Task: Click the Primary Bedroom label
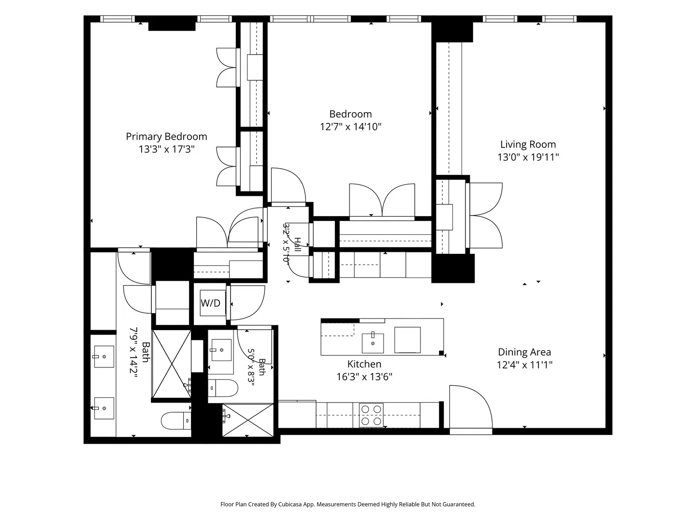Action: (166, 137)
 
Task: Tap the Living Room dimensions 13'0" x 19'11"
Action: (528, 157)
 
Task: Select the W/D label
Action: (211, 303)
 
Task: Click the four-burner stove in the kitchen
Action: (371, 415)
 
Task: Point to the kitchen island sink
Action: (373, 343)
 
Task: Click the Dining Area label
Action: (524, 352)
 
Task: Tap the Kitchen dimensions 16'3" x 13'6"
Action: (364, 377)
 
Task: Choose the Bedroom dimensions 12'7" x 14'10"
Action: (350, 127)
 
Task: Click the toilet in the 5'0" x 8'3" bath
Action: (223, 388)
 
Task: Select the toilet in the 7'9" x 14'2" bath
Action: (176, 420)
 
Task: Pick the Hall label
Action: (297, 245)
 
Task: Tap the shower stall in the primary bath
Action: (172, 364)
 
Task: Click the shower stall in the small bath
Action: (248, 420)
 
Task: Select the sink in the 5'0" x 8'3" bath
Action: (221, 350)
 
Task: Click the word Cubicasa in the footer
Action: (290, 504)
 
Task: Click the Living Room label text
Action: (528, 145)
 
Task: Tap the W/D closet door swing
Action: (247, 303)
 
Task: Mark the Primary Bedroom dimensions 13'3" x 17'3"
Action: (166, 149)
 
